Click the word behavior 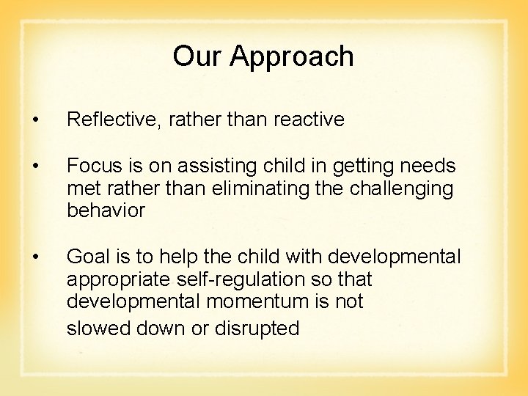pyautogui.click(x=106, y=211)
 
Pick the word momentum pyautogui.click(x=267, y=302)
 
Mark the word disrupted pyautogui.click(x=257, y=329)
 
